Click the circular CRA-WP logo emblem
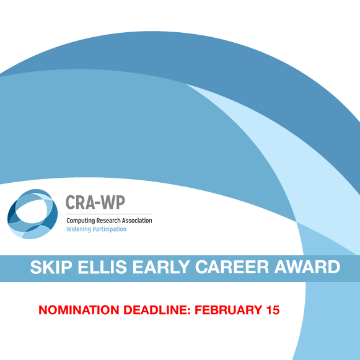point(32,214)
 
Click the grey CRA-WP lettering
point(95,202)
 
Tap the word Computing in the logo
point(81,221)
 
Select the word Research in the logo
point(108,221)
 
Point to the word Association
point(137,221)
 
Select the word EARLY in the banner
point(161,267)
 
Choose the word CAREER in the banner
point(232,267)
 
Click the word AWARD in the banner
point(307,267)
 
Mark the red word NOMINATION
point(79,310)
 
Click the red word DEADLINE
point(156,310)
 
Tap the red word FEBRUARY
point(229,310)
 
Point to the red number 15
point(273,310)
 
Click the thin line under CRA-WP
point(109,214)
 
